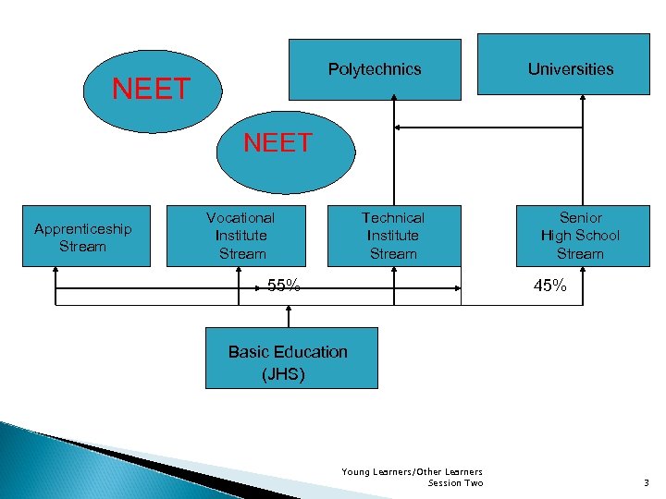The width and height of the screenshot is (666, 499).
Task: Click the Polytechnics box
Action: (x=375, y=69)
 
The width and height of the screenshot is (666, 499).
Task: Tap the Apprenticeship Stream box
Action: (x=83, y=237)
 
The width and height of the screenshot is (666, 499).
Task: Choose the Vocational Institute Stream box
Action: (x=240, y=236)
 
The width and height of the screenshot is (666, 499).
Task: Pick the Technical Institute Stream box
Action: (x=393, y=236)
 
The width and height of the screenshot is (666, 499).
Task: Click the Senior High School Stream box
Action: (x=581, y=236)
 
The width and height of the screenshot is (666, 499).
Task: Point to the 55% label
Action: (x=283, y=286)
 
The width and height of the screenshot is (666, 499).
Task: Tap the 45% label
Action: (x=549, y=286)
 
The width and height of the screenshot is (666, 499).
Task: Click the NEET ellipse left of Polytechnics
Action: (x=151, y=90)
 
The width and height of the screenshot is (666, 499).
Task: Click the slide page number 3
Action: (x=646, y=482)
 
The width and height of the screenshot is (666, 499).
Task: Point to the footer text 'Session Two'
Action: (x=456, y=483)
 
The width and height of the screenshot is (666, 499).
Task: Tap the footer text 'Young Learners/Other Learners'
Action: (x=413, y=472)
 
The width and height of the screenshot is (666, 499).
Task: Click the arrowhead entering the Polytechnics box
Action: (x=394, y=103)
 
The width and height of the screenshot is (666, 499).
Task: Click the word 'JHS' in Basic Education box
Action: (x=283, y=374)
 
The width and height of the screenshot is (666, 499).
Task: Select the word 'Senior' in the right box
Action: (x=581, y=218)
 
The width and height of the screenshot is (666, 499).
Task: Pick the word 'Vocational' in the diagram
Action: (x=240, y=218)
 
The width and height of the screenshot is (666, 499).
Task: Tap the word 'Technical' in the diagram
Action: (x=393, y=218)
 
